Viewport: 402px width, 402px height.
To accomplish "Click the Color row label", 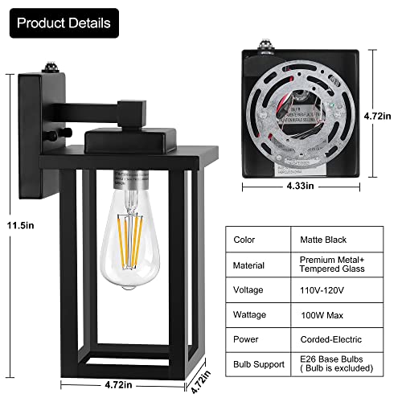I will [x=244, y=239].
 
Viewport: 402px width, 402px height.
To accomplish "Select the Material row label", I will [x=249, y=265].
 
